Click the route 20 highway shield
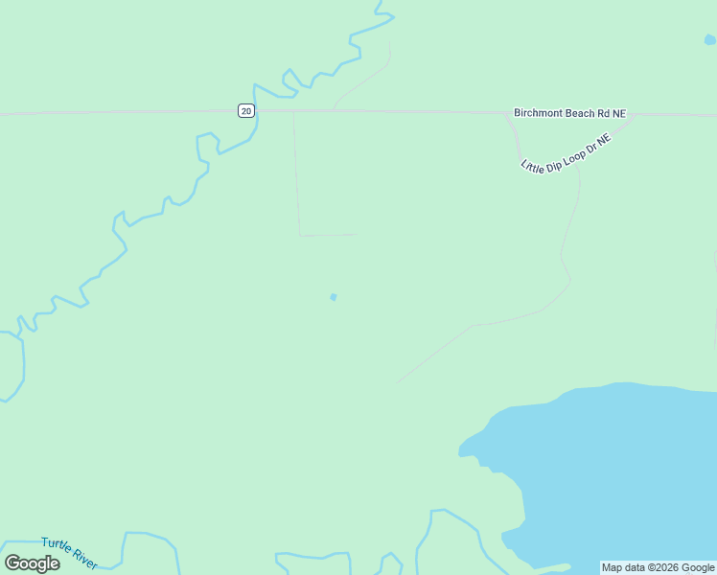tap(246, 111)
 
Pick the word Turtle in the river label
tap(56, 545)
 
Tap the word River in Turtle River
tap(85, 557)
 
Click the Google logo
tap(33, 563)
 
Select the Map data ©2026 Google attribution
tap(659, 567)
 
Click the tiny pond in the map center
tap(334, 297)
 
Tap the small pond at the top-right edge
tap(709, 40)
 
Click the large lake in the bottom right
tap(613, 460)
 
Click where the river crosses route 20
tap(256, 111)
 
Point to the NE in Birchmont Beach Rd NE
tap(619, 113)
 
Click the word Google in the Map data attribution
tap(699, 567)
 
